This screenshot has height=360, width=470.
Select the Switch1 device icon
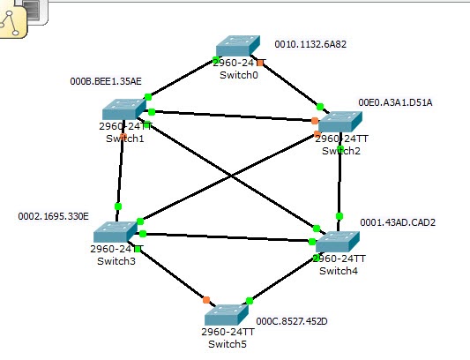click(x=123, y=109)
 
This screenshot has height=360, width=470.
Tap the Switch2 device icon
click(x=340, y=123)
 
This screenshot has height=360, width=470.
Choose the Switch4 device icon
click(x=337, y=241)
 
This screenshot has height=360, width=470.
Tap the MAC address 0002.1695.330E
click(x=53, y=215)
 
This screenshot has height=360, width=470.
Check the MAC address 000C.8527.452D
click(x=291, y=322)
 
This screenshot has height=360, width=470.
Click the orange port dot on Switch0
click(x=260, y=63)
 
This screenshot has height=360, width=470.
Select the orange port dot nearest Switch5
click(x=206, y=300)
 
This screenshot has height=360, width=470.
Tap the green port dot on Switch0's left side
click(x=216, y=60)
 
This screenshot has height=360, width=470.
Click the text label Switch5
click(x=228, y=343)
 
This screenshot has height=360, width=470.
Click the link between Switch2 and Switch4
click(x=339, y=181)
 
